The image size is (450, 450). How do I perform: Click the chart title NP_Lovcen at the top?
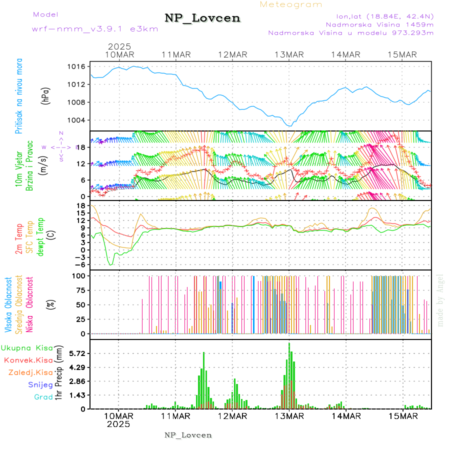click(202, 18)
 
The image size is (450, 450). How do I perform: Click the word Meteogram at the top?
click(291, 4)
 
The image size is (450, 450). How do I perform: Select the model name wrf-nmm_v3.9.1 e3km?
click(95, 28)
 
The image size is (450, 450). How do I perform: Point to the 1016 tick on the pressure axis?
click(79, 66)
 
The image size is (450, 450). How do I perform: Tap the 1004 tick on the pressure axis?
click(79, 120)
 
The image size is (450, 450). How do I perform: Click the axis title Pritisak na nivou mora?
click(18, 95)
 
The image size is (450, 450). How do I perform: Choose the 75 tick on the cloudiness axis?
click(81, 290)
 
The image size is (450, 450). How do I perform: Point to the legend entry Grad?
click(43, 397)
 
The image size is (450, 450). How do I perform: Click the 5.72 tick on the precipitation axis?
click(78, 353)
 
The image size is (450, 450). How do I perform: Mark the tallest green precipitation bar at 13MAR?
click(289, 375)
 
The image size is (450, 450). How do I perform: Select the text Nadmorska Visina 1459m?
click(379, 24)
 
